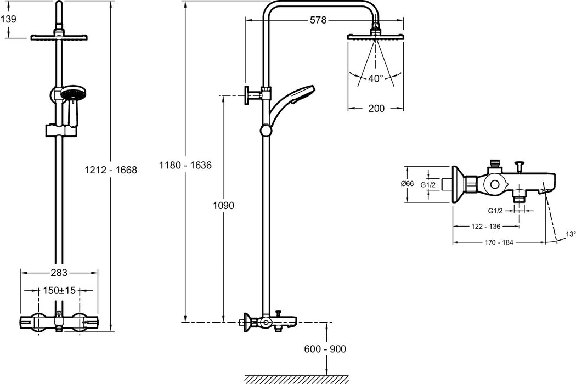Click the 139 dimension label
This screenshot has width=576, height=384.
coord(9,19)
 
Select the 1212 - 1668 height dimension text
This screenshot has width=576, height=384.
coord(110,170)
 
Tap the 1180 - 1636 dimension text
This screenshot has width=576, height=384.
coord(185,165)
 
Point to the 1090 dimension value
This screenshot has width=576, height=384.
coord(224,206)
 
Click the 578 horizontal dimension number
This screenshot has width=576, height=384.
coord(318,20)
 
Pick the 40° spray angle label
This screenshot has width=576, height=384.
coord(376,78)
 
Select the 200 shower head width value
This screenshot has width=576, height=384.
coord(376,108)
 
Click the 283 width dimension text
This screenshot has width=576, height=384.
coord(59,273)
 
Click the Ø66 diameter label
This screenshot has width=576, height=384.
coord(407,184)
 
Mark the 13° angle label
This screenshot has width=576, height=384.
coord(571,234)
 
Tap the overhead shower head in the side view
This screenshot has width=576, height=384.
coord(376,37)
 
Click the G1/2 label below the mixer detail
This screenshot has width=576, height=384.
coord(495,211)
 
